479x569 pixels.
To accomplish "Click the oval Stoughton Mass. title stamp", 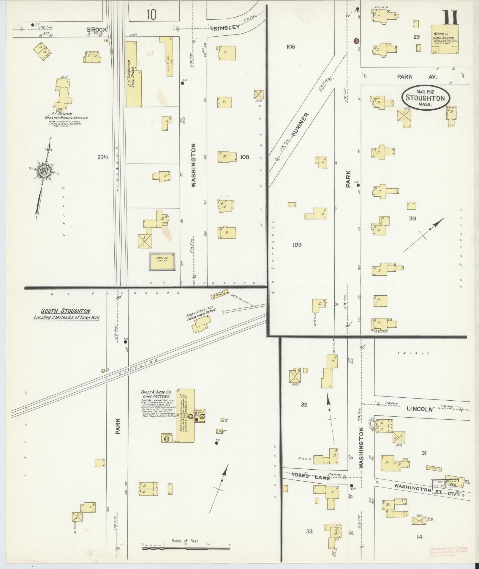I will click(x=426, y=98).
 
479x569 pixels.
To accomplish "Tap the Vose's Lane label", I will click(x=314, y=476).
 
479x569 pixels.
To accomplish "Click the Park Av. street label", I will click(x=417, y=77).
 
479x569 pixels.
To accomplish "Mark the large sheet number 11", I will click(x=450, y=18).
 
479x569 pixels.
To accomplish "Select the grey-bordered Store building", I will click(x=162, y=262).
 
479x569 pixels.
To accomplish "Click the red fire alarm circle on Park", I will click(x=357, y=41).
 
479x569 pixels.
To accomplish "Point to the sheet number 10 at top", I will click(x=151, y=14).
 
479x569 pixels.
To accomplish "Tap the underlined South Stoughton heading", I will click(x=65, y=311).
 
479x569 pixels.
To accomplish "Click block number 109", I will click(x=297, y=244).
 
